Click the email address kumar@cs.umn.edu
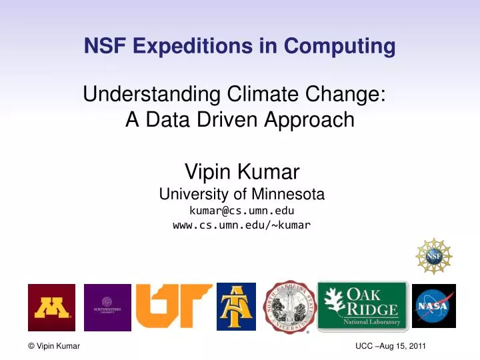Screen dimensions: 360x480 pos(241,210)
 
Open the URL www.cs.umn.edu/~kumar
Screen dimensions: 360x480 pos(241,225)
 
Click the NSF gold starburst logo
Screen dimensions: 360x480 pos(433,256)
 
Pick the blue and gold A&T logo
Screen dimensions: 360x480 pos(236,306)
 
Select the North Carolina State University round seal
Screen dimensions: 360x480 pos(290,306)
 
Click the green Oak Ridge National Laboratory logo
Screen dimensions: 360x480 pos(362,306)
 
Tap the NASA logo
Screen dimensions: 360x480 pos(433,306)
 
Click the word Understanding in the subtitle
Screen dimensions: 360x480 pos(141,95)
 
